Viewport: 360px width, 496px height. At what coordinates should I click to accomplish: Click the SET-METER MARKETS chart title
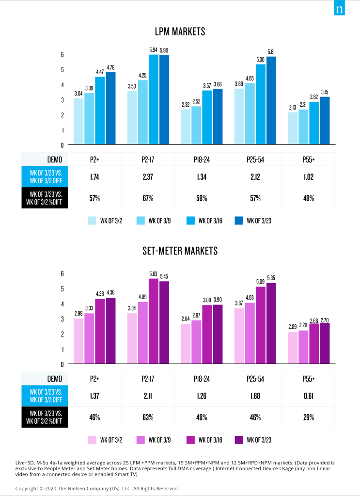pos(180,251)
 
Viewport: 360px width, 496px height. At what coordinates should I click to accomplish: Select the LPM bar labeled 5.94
pos(154,99)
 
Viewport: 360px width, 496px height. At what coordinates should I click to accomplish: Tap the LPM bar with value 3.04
pos(79,121)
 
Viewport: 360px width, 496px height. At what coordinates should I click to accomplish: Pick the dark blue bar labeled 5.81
pos(271,100)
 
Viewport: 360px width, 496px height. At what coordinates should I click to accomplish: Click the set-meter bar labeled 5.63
pos(154,321)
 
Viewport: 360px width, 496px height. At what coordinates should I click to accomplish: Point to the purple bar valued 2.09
pos(293,348)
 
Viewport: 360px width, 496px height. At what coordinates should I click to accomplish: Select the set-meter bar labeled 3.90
pos(218,334)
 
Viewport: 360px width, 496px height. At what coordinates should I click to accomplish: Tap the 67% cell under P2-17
pos(148,198)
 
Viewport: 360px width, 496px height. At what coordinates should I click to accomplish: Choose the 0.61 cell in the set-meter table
pos(309,396)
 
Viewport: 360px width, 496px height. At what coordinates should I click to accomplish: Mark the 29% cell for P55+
pos(309,417)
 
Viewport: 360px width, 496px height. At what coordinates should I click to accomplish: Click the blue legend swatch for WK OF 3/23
pos(239,221)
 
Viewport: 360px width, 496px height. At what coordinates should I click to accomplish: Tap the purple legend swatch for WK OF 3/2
pos(92,440)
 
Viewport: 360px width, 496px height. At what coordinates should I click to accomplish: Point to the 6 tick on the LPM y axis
pos(62,54)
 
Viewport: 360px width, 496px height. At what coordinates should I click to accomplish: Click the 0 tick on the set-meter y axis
pos(62,364)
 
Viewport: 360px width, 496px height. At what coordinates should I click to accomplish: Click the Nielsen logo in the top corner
pos(340,10)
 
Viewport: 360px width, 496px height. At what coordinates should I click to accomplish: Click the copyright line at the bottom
pos(97,488)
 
